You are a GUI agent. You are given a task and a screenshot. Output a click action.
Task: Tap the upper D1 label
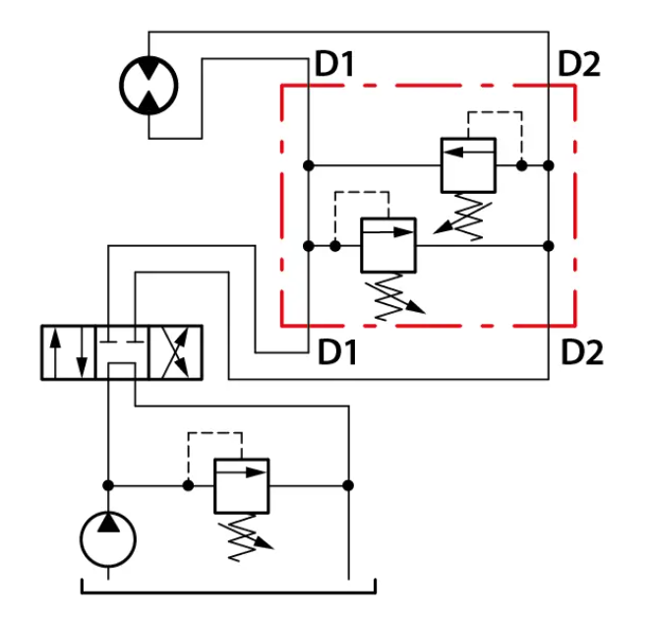tap(334, 64)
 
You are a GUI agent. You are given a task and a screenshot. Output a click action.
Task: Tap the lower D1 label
tap(337, 352)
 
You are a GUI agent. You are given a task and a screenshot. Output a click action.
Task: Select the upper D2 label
tap(579, 64)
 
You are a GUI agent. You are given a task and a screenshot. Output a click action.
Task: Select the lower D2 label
tap(582, 352)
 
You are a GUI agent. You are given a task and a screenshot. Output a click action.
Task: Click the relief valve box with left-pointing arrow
tap(468, 165)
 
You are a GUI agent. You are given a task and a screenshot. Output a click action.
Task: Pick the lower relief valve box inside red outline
tap(388, 245)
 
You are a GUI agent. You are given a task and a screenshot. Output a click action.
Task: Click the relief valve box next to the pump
tap(242, 486)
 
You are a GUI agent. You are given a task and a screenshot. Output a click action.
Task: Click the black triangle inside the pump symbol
tap(108, 523)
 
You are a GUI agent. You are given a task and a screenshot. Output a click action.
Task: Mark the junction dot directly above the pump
tap(108, 485)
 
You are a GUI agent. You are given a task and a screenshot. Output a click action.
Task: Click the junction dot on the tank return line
tap(348, 485)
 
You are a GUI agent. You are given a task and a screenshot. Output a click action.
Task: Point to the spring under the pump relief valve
tap(244, 537)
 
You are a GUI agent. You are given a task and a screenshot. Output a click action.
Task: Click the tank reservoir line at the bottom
tap(228, 592)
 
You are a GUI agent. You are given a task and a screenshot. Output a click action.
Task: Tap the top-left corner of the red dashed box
tap(282, 86)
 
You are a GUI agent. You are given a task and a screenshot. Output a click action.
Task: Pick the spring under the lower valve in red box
tap(393, 296)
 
